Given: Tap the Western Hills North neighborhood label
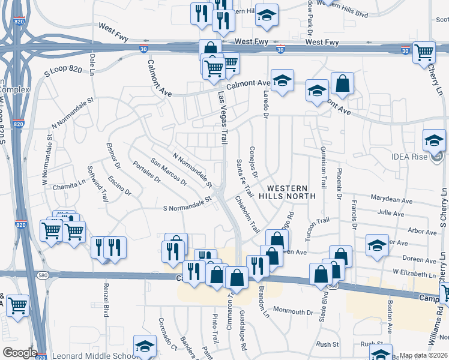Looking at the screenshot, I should [x=286, y=191].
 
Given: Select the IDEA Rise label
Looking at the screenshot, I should [x=427, y=157].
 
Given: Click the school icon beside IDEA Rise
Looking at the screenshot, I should [x=434, y=142].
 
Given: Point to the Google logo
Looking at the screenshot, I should [x=19, y=353].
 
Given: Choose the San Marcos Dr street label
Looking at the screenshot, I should [x=169, y=172].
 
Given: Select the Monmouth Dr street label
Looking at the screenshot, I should [x=294, y=312].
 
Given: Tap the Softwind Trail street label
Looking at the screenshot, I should [x=97, y=182].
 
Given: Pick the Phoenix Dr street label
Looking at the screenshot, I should [x=339, y=187].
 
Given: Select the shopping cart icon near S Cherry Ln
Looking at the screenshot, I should [x=424, y=53].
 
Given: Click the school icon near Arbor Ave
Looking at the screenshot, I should [x=377, y=245].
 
